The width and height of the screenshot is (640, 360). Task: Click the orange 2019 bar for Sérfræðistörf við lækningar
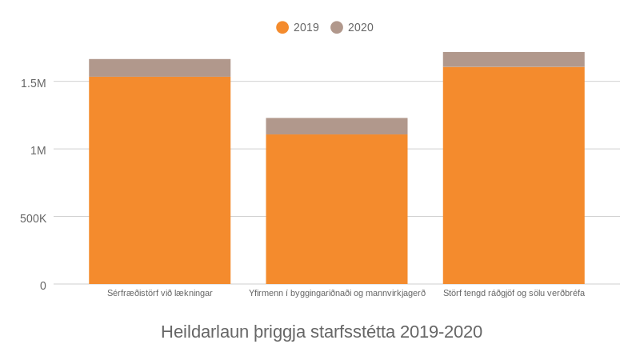pyautogui.click(x=159, y=180)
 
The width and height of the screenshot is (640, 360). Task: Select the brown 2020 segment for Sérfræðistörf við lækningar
pyautogui.click(x=159, y=68)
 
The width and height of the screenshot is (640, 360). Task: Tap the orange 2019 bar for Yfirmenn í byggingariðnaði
pyautogui.click(x=337, y=209)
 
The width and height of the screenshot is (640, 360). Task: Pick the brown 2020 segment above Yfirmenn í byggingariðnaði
pyautogui.click(x=337, y=126)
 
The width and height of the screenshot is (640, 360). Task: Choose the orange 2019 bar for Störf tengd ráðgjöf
pyautogui.click(x=514, y=175)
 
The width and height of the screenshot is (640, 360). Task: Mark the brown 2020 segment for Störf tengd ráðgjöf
pyautogui.click(x=514, y=60)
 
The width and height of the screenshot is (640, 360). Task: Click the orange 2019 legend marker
pyautogui.click(x=282, y=27)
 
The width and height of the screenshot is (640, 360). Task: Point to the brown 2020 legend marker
pyautogui.click(x=337, y=27)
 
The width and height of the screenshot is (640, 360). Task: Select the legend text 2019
pyautogui.click(x=306, y=27)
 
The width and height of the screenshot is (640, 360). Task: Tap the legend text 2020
pyautogui.click(x=361, y=27)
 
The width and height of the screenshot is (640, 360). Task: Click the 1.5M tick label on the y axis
pyautogui.click(x=34, y=82)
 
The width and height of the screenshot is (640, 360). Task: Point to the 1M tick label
pyautogui.click(x=38, y=150)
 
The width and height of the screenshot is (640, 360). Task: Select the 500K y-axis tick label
pyautogui.click(x=34, y=218)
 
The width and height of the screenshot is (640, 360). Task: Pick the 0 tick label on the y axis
pyautogui.click(x=43, y=286)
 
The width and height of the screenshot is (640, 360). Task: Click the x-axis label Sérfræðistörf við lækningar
pyautogui.click(x=160, y=294)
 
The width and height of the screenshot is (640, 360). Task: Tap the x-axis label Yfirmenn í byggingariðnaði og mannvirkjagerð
pyautogui.click(x=337, y=294)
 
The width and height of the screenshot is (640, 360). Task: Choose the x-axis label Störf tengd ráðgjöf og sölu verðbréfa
pyautogui.click(x=514, y=294)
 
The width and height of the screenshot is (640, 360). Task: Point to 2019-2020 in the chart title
pyautogui.click(x=442, y=332)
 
